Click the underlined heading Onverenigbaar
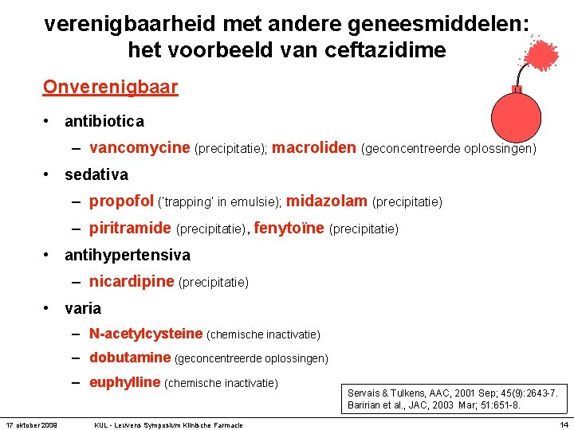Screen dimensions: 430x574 click(x=110, y=87)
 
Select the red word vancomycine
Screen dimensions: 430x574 click(x=140, y=147)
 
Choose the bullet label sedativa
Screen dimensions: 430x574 click(x=96, y=174)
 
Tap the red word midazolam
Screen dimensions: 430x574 click(x=327, y=201)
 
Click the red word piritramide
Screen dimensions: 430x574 click(x=130, y=229)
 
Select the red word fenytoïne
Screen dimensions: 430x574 click(x=289, y=229)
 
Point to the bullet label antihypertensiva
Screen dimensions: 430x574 click(x=128, y=256)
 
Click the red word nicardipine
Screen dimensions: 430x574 click(x=132, y=282)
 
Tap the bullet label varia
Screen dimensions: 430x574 click(x=83, y=308)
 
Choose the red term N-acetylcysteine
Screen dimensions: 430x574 click(x=146, y=334)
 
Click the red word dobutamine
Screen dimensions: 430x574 click(x=130, y=358)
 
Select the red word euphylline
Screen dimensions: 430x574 click(x=125, y=383)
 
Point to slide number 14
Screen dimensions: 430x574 click(x=563, y=424)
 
